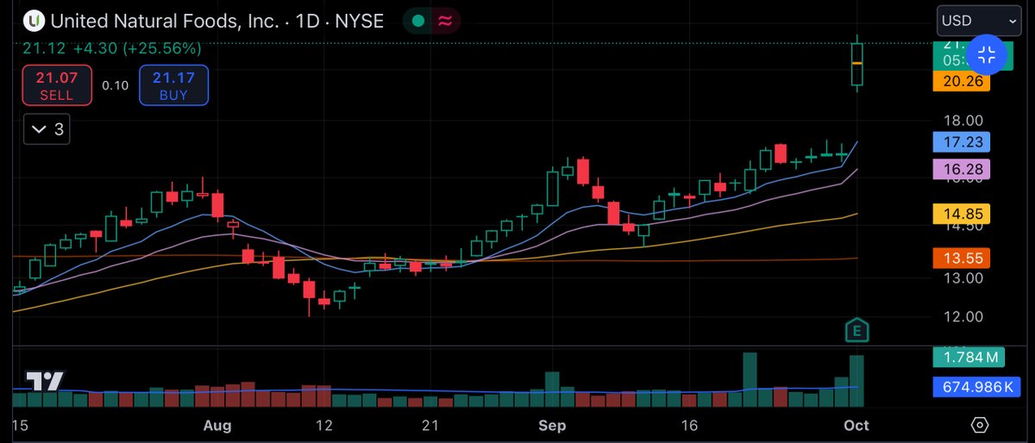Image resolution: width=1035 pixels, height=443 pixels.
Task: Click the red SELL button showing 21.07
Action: coord(57,85)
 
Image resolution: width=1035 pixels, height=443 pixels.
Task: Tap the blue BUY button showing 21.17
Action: coord(173,85)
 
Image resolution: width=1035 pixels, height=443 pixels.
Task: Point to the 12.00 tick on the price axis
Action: coord(962,316)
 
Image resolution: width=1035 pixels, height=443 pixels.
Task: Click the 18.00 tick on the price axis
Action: coord(962,120)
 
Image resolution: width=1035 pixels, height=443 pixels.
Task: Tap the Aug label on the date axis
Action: coord(218,426)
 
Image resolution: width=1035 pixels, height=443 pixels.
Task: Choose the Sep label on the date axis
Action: coord(551,426)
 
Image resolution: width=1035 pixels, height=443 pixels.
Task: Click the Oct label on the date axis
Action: coord(856,426)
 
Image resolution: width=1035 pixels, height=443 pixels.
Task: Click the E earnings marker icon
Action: coord(857,330)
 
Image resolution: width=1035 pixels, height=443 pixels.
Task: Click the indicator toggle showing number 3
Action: coord(47,130)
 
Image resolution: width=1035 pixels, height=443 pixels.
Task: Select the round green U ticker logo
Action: coord(34,21)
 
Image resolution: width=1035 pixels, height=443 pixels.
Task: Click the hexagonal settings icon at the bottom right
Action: coord(979,426)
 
